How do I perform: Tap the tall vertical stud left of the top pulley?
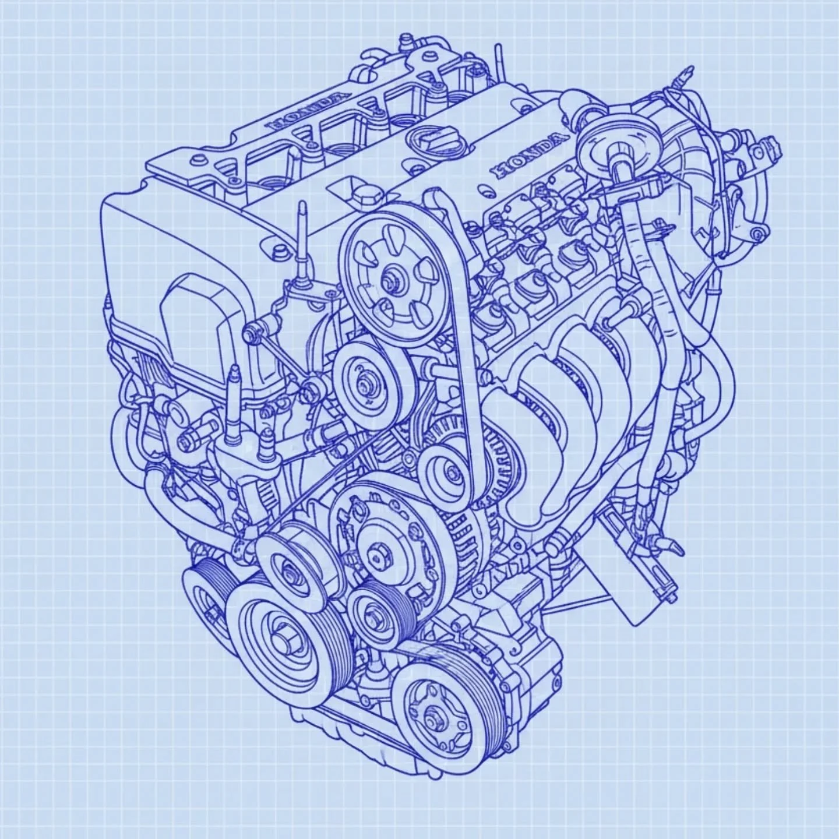302,245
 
